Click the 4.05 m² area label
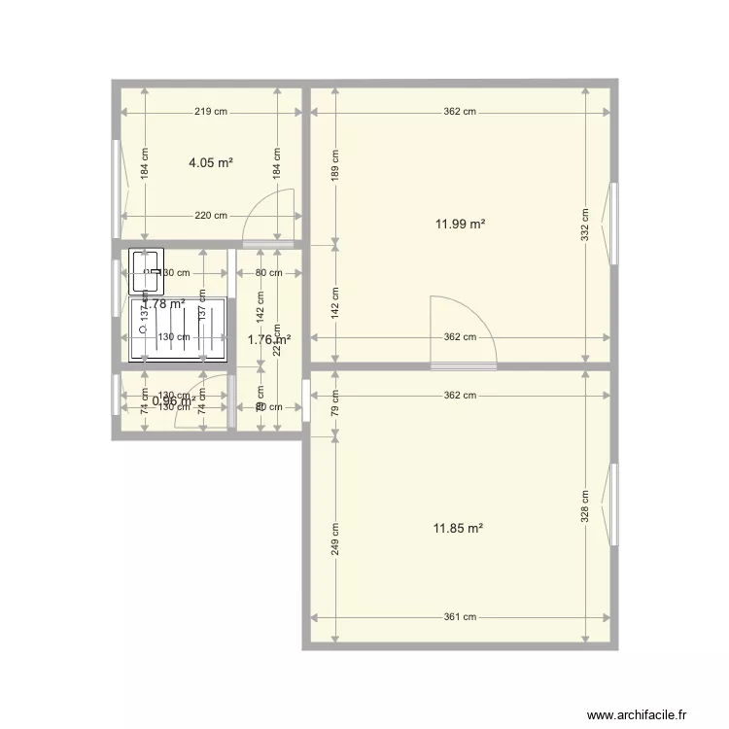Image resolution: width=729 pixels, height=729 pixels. (x=211, y=163)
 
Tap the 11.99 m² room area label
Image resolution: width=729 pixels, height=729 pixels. (x=460, y=225)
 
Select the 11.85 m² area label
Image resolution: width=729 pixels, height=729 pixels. (x=459, y=529)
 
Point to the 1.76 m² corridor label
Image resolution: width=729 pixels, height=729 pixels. (x=268, y=340)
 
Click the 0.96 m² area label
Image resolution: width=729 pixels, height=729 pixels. (x=174, y=399)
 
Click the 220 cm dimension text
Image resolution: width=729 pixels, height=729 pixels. (x=211, y=216)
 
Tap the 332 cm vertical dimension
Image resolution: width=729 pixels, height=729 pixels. (x=585, y=225)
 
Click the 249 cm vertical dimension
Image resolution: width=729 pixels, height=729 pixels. (x=335, y=539)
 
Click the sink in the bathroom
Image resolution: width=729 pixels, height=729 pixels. (x=145, y=271)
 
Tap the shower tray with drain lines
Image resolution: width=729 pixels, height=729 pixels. (x=180, y=329)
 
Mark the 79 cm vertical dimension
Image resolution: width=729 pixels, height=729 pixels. (x=335, y=402)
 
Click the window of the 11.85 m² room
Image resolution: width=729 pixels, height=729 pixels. (x=614, y=505)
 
